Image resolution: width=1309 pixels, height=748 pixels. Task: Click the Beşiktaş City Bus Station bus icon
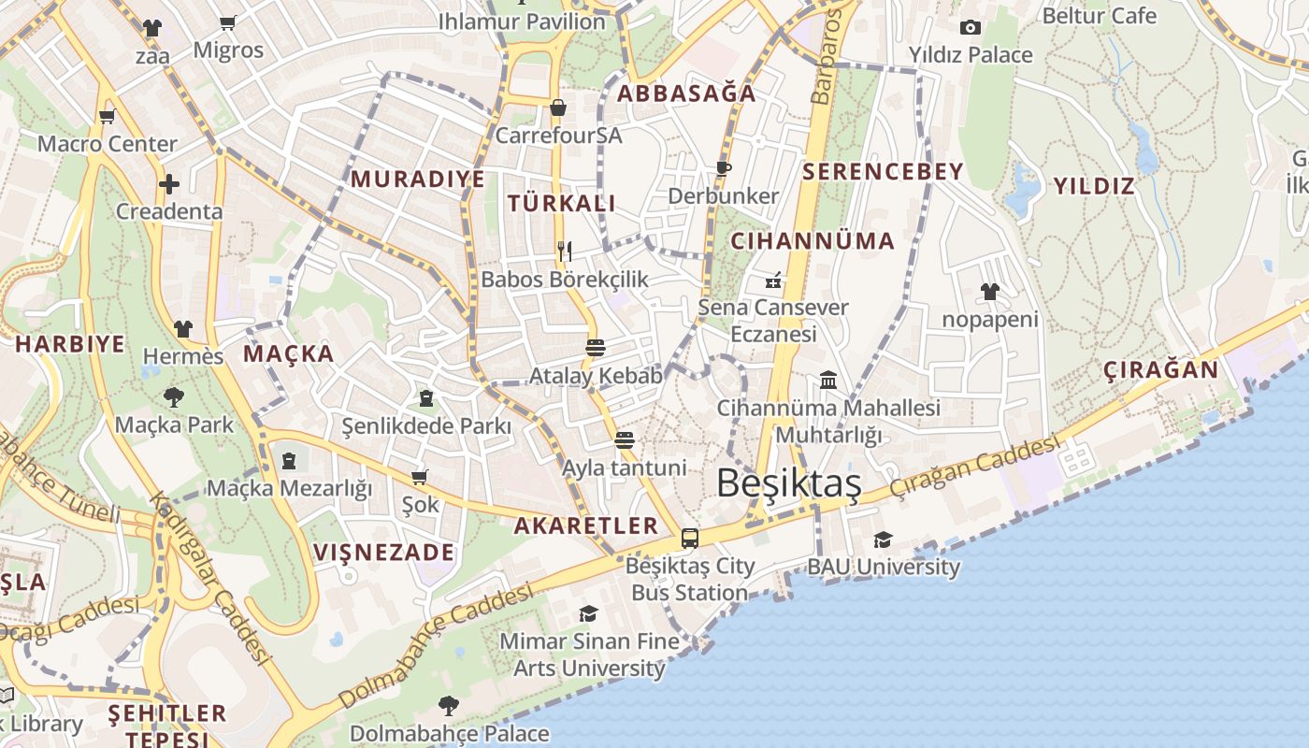[x=690, y=539]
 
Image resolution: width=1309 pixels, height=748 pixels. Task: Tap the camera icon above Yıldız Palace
[x=971, y=27]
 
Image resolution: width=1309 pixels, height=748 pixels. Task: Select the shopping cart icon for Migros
[x=228, y=22]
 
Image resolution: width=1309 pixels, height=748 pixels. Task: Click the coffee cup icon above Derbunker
[x=723, y=168]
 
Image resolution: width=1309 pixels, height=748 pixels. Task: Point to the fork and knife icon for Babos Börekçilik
[x=565, y=251]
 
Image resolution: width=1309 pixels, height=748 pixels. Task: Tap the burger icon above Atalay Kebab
[x=596, y=348]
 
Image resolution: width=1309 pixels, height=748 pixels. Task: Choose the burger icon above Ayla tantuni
[x=625, y=439]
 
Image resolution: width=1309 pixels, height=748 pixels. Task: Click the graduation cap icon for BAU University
[x=883, y=539]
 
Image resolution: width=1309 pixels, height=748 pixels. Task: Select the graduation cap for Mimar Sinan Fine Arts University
[x=588, y=613]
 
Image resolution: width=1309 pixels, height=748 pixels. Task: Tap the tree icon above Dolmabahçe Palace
[x=449, y=705]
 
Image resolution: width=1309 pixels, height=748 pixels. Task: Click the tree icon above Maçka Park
[x=174, y=397]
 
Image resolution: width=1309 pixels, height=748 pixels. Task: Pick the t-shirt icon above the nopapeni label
[x=990, y=292]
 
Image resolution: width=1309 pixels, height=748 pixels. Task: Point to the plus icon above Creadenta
[x=169, y=183]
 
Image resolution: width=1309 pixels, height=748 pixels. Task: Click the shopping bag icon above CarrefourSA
[x=558, y=108]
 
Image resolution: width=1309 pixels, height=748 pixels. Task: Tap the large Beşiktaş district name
[x=788, y=483]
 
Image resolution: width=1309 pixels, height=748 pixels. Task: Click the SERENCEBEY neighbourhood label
[x=883, y=171]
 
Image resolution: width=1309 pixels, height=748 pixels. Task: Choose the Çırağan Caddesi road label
[x=975, y=468]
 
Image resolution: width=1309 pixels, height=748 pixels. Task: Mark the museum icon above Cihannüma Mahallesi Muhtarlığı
[x=828, y=380]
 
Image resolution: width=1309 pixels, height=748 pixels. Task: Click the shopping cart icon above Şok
[x=420, y=477]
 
